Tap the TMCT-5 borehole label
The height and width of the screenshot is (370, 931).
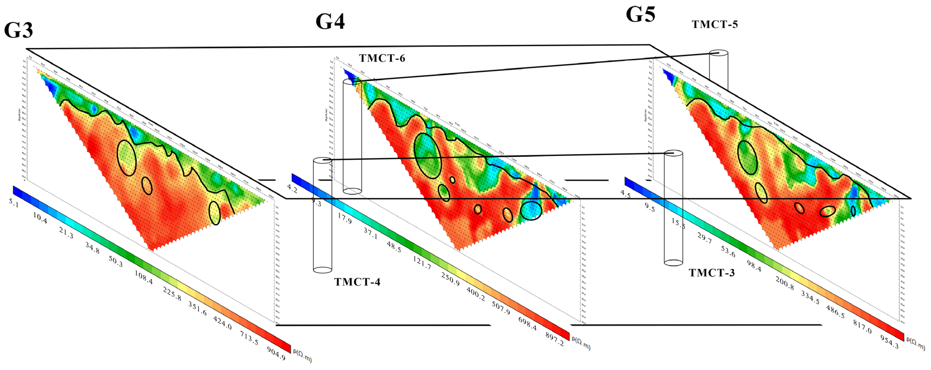click(714, 25)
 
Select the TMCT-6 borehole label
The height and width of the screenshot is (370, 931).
click(382, 58)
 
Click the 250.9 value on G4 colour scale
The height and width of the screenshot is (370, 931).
click(450, 279)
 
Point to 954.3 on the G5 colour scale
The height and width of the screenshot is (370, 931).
click(889, 342)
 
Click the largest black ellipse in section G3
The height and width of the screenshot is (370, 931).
click(127, 158)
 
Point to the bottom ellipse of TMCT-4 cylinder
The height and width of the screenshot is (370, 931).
click(322, 270)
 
